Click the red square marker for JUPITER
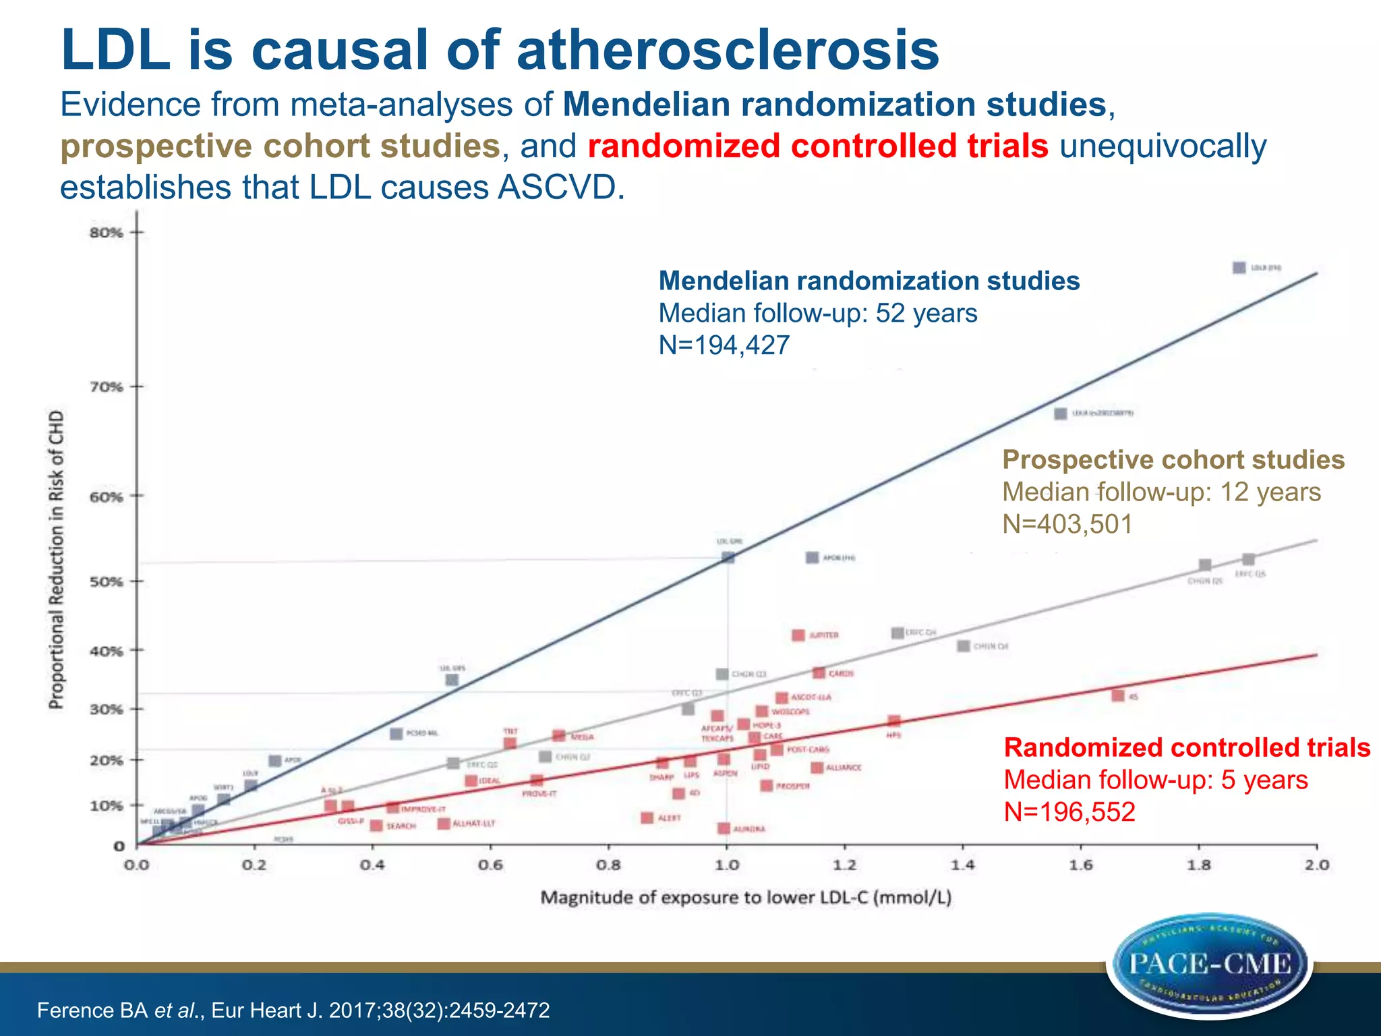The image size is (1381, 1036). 798,635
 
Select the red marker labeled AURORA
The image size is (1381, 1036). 724,828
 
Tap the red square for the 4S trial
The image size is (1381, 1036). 1117,695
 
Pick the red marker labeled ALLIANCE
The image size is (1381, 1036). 817,768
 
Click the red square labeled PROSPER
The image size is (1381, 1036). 767,786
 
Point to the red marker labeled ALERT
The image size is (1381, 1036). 647,817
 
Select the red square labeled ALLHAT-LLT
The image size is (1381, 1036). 444,824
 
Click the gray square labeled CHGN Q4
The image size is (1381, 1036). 964,646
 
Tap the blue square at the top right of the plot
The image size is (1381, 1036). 1239,268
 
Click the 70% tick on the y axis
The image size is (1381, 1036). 138,387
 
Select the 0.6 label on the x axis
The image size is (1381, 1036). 490,865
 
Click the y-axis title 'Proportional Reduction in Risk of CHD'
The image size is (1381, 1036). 57,560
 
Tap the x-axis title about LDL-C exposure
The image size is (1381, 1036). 746,898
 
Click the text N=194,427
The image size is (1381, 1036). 724,345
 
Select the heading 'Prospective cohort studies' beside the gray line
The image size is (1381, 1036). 1173,460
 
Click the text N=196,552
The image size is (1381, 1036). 1069,811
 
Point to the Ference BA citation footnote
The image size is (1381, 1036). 293,1010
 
